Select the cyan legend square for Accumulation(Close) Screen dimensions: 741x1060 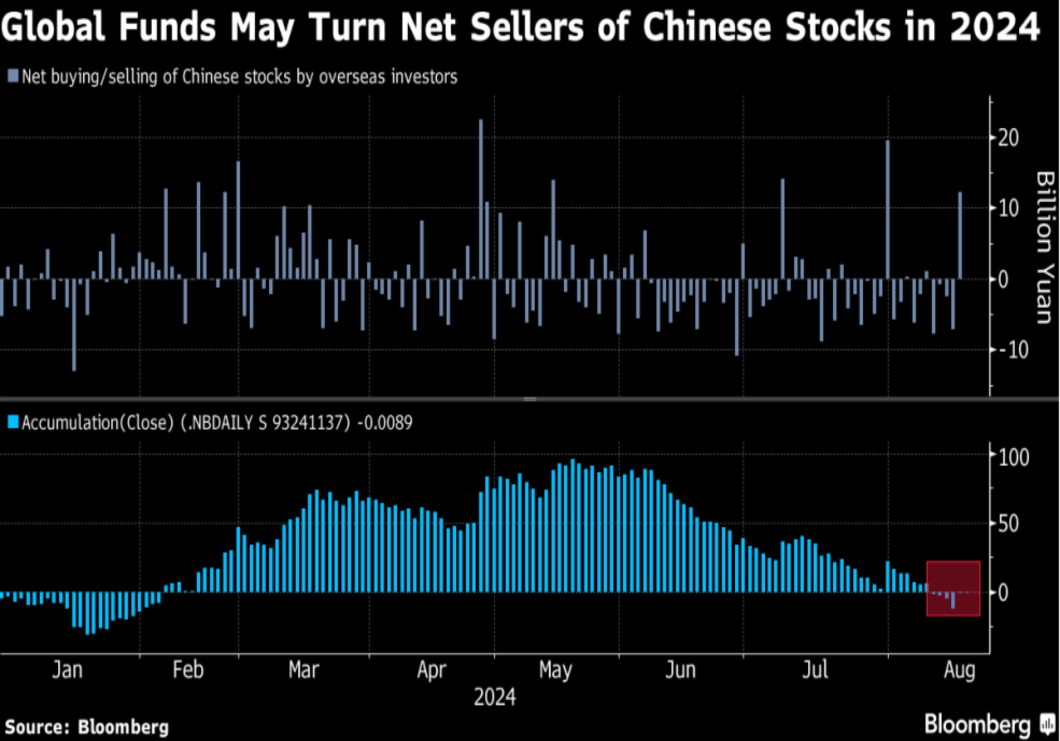point(13,422)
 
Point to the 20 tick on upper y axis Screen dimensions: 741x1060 point(1008,138)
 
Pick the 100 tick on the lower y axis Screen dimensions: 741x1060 point(1013,457)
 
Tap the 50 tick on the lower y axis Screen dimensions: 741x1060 point(1008,524)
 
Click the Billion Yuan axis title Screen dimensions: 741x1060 point(1045,247)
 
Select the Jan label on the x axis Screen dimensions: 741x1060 point(67,670)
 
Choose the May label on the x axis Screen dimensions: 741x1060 point(555,670)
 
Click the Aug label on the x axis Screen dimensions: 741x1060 point(959,670)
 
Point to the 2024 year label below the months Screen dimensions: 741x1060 point(494,697)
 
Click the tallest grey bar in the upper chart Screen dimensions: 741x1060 point(481,199)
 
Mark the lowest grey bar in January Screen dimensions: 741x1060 point(74,325)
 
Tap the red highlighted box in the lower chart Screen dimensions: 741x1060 point(953,588)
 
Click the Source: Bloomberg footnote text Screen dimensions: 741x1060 point(87,727)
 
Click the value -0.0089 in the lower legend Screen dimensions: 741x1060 point(385,423)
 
